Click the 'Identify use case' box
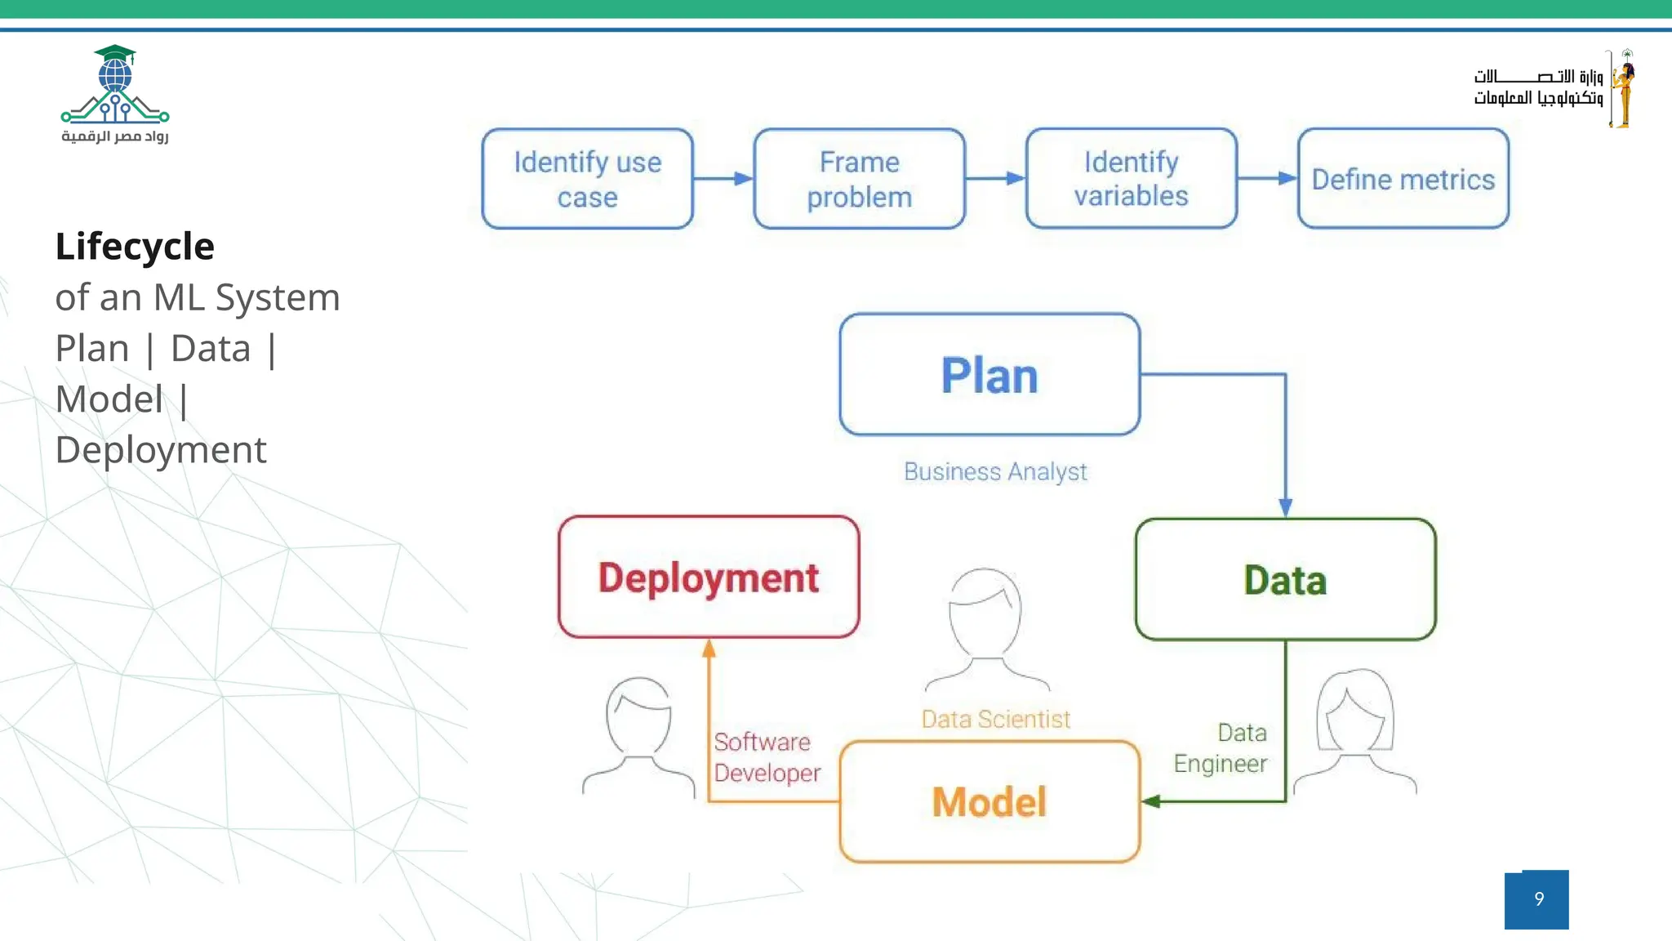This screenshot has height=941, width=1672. (587, 179)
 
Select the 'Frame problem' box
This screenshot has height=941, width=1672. (859, 179)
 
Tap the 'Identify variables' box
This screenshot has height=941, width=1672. (1131, 178)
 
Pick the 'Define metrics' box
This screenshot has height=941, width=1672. (1403, 179)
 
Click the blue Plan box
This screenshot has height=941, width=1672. (989, 375)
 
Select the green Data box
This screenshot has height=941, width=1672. (1285, 579)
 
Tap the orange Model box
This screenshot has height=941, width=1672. (989, 801)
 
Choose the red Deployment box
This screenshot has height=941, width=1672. (709, 578)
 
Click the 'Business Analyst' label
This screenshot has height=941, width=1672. (995, 471)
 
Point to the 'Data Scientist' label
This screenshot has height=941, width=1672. (995, 719)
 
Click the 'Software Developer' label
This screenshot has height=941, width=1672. (766, 757)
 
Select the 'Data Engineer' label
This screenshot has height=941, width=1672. (1221, 748)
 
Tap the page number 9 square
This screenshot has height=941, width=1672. (1536, 899)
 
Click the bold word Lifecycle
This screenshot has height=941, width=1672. (135, 246)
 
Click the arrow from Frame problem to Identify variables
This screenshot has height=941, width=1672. (995, 178)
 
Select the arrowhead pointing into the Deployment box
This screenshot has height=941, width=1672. (709, 649)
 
